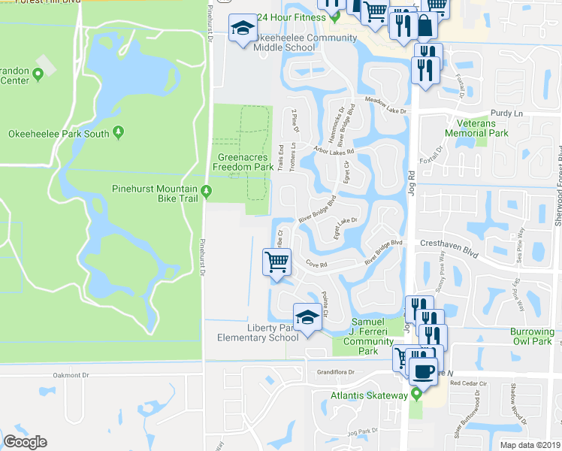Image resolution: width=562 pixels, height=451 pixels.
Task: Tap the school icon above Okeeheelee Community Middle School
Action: pos(243,29)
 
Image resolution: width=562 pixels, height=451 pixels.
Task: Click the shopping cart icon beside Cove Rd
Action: pos(276,262)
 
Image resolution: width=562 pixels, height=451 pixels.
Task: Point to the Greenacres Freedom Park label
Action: pos(245,162)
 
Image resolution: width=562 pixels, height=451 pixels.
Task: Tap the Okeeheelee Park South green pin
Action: pos(119,133)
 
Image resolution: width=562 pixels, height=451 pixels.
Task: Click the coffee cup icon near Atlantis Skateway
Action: pos(423,371)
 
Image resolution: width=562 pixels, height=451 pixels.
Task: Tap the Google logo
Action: pos(25,442)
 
